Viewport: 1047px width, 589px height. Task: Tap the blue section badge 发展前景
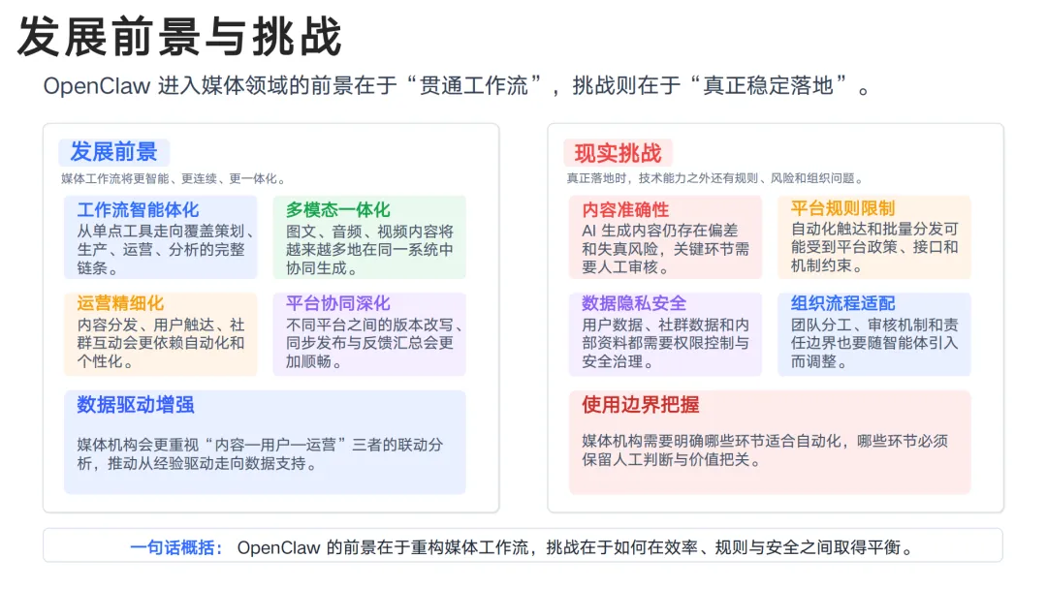coord(113,152)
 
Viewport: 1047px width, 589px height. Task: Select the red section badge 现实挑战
coord(618,153)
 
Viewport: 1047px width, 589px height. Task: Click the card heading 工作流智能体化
coord(138,209)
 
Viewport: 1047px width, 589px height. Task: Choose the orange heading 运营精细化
coord(120,303)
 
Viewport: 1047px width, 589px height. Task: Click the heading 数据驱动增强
coord(136,405)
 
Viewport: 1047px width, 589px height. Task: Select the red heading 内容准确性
coord(625,209)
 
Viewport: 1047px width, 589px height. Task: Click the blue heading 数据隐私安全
coord(634,303)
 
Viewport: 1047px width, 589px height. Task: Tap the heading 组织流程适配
coord(842,303)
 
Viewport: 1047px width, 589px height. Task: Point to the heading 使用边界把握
coord(640,405)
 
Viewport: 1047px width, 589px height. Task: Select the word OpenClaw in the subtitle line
coord(96,85)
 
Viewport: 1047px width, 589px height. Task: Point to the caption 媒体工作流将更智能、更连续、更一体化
coord(174,178)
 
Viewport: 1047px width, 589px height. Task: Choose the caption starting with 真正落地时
coord(714,178)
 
